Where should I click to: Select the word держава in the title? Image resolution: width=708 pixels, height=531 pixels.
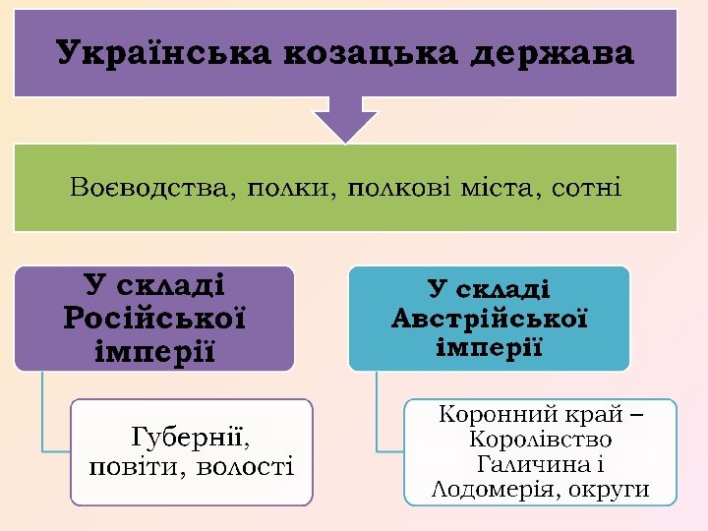(x=553, y=52)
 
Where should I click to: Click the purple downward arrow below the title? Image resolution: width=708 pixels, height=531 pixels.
(x=345, y=120)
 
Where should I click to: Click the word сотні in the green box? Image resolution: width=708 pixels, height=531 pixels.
(x=587, y=186)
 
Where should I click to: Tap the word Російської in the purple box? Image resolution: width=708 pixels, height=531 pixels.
(x=154, y=318)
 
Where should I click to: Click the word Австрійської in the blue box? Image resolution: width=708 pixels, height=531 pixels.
(x=489, y=319)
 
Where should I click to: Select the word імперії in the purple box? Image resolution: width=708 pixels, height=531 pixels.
(x=154, y=350)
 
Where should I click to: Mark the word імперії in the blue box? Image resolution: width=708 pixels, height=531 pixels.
(x=489, y=347)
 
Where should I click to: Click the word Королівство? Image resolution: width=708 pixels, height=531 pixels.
(x=541, y=440)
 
